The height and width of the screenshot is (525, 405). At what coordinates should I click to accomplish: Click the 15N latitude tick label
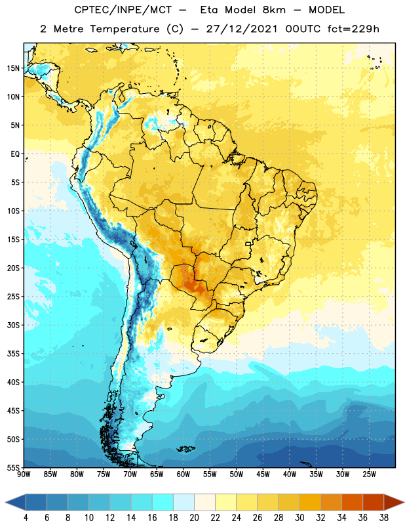(13, 68)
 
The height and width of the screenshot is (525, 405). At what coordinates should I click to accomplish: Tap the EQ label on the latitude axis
(15, 154)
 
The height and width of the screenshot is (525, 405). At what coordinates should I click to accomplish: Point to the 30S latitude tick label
(13, 325)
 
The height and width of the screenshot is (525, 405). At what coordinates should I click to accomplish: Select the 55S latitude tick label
(13, 468)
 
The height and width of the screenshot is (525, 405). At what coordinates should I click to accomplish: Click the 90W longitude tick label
(24, 474)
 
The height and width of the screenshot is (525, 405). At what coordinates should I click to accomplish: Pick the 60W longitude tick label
(183, 474)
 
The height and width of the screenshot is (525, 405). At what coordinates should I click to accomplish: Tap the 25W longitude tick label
(369, 474)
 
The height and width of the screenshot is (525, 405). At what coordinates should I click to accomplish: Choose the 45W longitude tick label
(263, 474)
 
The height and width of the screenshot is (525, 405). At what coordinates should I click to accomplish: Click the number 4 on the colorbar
(26, 518)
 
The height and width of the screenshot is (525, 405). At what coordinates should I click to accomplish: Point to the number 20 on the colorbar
(194, 518)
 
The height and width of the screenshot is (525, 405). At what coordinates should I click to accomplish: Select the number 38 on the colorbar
(383, 518)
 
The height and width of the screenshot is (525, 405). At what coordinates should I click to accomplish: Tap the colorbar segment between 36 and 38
(374, 503)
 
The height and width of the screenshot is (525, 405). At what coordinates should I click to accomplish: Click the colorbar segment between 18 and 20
(184, 503)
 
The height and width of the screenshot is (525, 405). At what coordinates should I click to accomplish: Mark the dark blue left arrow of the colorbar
(15, 503)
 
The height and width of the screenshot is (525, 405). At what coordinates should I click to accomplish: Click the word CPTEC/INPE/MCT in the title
(123, 10)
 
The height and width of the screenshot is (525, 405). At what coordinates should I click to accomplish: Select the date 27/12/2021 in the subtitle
(242, 29)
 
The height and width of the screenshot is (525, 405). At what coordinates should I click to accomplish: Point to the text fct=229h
(353, 29)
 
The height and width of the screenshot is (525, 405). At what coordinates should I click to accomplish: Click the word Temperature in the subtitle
(125, 29)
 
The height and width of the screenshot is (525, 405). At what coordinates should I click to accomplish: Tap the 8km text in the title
(274, 10)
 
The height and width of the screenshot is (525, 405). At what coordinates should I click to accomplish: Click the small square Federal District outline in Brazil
(248, 243)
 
